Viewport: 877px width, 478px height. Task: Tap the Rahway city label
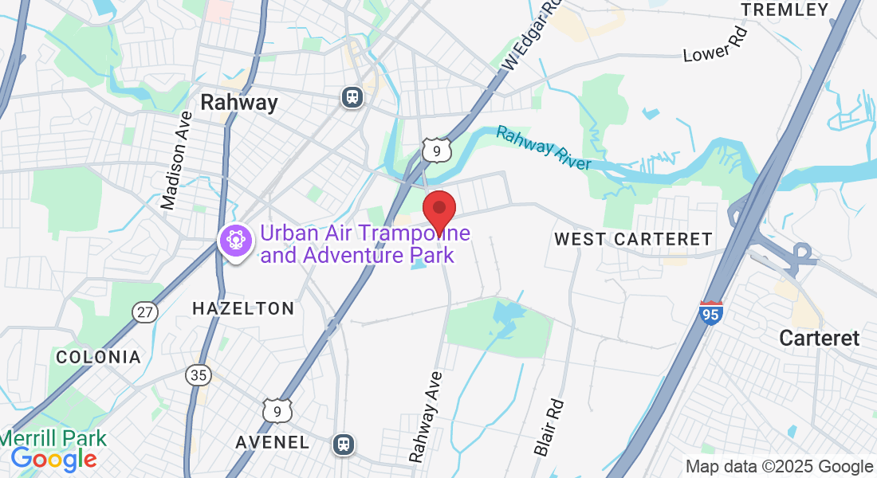[x=239, y=103]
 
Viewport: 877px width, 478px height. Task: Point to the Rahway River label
[x=544, y=147]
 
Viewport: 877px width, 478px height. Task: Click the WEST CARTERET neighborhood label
[x=633, y=239]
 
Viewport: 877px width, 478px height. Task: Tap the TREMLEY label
[x=785, y=10]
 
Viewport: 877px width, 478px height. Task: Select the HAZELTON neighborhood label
[x=243, y=308]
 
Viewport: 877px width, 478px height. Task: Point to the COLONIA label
[x=98, y=356]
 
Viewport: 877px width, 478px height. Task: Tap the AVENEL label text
[x=273, y=442]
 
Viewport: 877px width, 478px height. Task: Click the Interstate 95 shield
[x=711, y=312]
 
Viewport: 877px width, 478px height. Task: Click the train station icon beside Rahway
[x=352, y=96]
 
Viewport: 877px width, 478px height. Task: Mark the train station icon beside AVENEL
[x=344, y=443]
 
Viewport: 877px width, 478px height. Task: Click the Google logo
[x=53, y=459]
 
